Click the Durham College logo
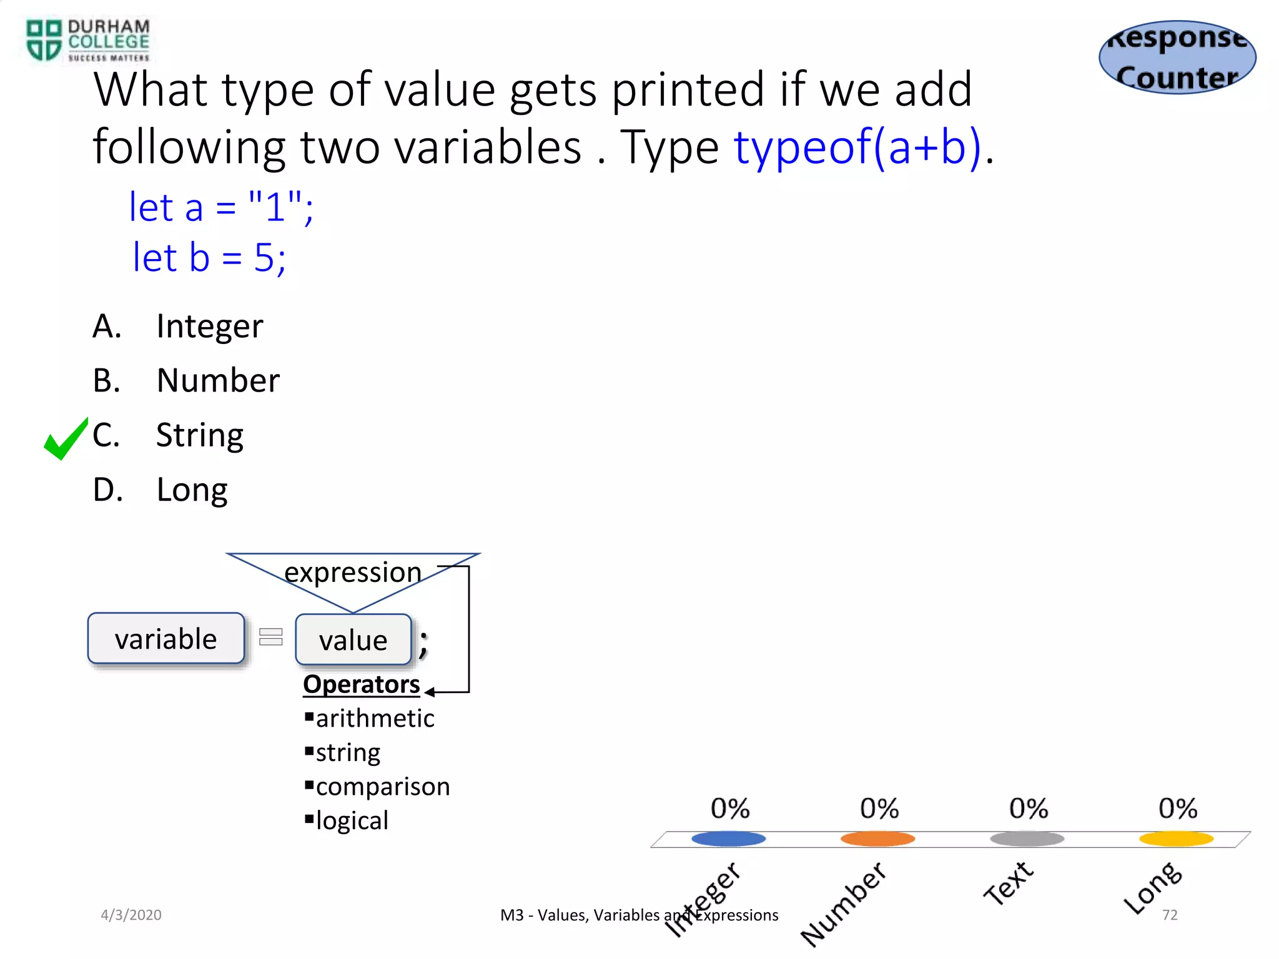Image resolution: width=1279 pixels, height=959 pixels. pyautogui.click(x=88, y=41)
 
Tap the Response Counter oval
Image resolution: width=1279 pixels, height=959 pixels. pyautogui.click(x=1177, y=57)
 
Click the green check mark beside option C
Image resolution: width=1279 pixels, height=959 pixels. pyautogui.click(x=66, y=438)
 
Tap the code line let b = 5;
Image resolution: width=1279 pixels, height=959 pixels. pyautogui.click(x=209, y=257)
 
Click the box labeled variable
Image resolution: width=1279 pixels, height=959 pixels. pyautogui.click(x=166, y=639)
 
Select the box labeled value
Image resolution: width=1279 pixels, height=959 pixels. pyautogui.click(x=353, y=640)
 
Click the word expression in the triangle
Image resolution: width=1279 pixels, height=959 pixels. pyautogui.click(x=353, y=572)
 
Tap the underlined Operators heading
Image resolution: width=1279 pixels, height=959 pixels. pyautogui.click(x=361, y=684)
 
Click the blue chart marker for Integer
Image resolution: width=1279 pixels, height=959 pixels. pyautogui.click(x=728, y=839)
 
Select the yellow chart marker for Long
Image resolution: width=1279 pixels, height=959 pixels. pyautogui.click(x=1176, y=839)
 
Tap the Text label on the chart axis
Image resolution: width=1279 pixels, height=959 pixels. pyautogui.click(x=1009, y=883)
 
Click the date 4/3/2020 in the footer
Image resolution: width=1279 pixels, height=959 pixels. pyautogui.click(x=131, y=915)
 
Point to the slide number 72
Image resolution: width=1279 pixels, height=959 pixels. pyautogui.click(x=1170, y=915)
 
